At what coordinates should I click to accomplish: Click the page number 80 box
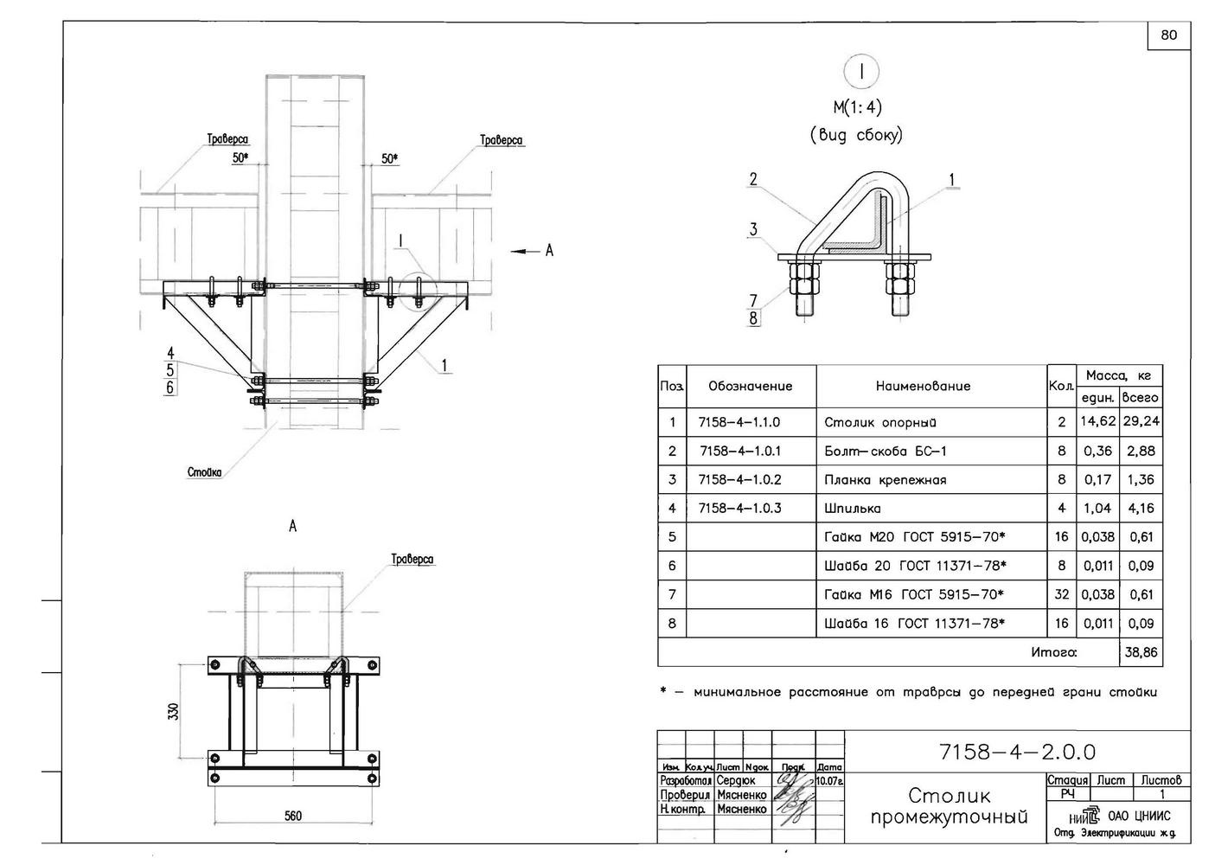click(1168, 35)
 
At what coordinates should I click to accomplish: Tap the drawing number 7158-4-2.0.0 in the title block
click(1016, 752)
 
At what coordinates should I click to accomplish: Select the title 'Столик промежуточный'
click(949, 806)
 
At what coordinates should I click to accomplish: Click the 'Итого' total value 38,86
click(1141, 653)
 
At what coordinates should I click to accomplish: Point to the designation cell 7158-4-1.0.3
click(739, 508)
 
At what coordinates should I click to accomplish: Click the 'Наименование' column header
click(923, 386)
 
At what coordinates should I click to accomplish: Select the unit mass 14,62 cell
click(1097, 422)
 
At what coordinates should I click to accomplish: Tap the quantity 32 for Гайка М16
click(1061, 594)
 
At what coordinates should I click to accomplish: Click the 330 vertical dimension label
click(174, 711)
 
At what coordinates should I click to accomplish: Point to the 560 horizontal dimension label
click(293, 816)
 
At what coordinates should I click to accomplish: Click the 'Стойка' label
click(204, 472)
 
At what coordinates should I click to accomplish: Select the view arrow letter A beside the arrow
click(548, 251)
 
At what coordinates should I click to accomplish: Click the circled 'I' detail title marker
click(860, 73)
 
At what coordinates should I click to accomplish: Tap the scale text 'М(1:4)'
click(857, 107)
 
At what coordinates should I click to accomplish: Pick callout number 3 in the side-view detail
click(753, 229)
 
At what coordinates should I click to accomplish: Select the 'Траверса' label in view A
click(412, 560)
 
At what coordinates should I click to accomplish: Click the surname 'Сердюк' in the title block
click(736, 780)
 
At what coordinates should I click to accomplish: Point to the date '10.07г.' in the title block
click(829, 780)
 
